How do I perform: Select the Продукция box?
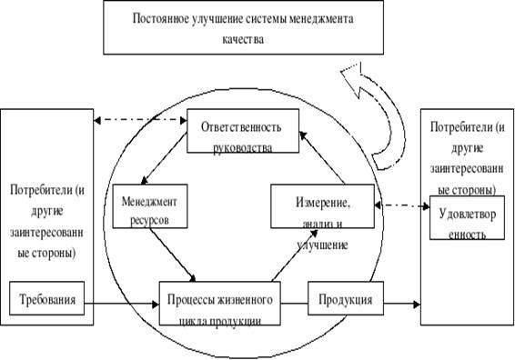pyautogui.click(x=346, y=297)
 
